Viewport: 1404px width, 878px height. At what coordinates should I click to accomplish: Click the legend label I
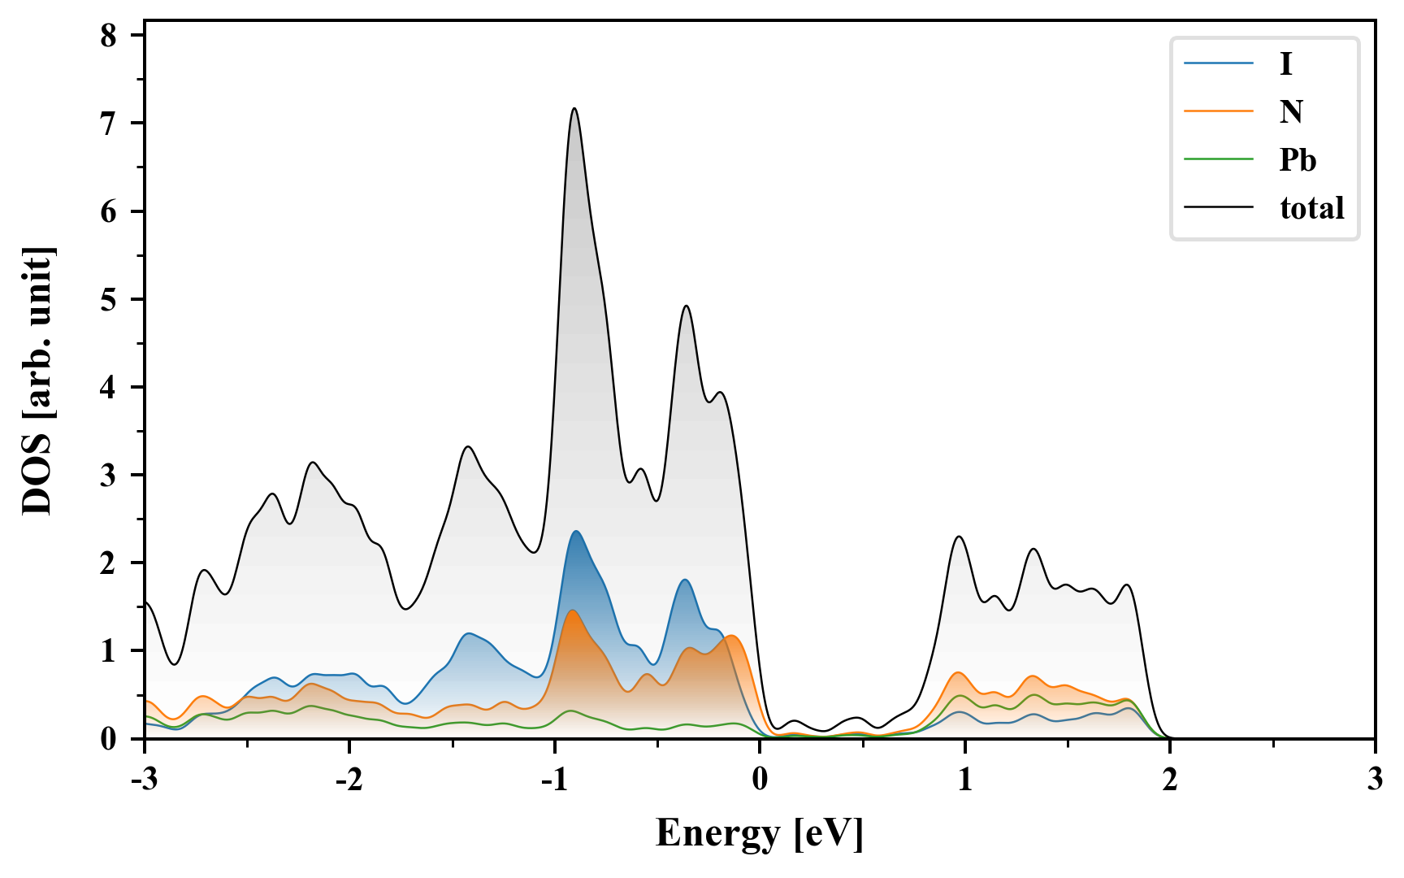pos(1285,63)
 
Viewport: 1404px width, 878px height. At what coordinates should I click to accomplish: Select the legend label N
pos(1291,111)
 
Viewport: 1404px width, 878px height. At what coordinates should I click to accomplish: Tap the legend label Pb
pos(1298,160)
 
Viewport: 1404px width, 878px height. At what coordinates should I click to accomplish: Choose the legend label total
pos(1311,208)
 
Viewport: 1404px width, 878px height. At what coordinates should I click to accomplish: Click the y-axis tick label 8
pos(109,36)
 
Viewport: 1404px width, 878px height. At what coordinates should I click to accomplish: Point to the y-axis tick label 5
pos(109,300)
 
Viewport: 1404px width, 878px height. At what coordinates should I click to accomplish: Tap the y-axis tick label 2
pos(109,563)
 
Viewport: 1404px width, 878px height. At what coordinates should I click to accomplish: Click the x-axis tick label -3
pos(145,780)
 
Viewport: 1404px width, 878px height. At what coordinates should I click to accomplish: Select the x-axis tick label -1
pos(554,780)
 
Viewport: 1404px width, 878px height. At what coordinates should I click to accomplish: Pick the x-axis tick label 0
pos(760,780)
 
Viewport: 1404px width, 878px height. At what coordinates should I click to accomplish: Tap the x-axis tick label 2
pos(1169,780)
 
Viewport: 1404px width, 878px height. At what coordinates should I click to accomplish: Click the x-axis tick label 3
pos(1374,780)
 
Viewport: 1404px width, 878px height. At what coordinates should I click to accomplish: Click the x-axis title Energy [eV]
pos(760,833)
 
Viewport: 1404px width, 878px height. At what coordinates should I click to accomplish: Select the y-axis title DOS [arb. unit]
pos(37,380)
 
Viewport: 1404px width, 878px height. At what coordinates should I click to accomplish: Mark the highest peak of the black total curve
pos(574,108)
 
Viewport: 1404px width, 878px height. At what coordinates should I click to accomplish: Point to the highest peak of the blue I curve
pos(576,531)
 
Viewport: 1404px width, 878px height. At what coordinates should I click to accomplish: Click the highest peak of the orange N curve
pos(573,610)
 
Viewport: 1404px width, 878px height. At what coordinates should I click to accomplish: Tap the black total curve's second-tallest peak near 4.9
pos(687,306)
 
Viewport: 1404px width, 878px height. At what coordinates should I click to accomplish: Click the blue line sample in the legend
pos(1218,63)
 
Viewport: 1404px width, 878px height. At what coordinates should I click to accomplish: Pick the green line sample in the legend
pos(1218,159)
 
